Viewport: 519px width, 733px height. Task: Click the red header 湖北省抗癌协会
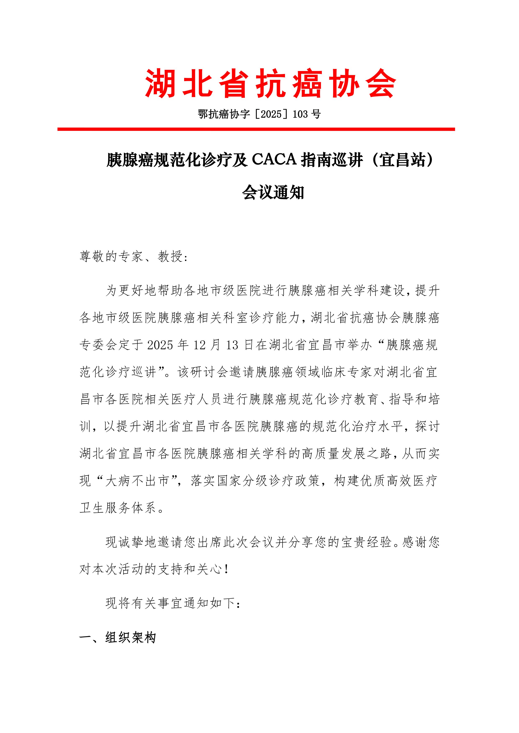pos(270,83)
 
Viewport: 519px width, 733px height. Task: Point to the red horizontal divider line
pos(256,129)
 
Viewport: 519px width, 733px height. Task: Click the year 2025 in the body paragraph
pos(160,345)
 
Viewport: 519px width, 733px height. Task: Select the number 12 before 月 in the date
pos(199,345)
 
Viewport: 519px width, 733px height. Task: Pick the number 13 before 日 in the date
pos(232,345)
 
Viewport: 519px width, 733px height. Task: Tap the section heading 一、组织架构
pos(118,637)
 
